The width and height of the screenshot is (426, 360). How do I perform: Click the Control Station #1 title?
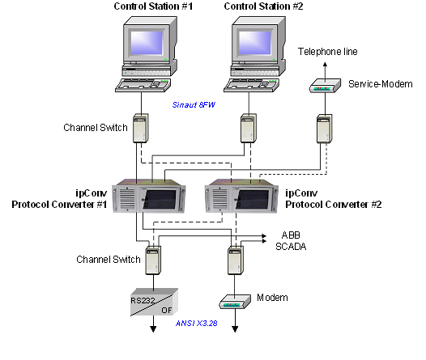pyautogui.click(x=153, y=6)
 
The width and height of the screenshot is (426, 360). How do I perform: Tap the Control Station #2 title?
pyautogui.click(x=263, y=6)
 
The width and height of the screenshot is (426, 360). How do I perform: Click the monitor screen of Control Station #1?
pyautogui.click(x=147, y=43)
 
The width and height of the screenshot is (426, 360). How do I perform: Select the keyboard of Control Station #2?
pyautogui.click(x=251, y=85)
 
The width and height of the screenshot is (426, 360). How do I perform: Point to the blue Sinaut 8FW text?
pyautogui.click(x=194, y=104)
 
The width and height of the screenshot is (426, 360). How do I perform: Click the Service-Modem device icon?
pyautogui.click(x=326, y=86)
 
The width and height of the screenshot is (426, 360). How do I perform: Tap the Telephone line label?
pyautogui.click(x=328, y=52)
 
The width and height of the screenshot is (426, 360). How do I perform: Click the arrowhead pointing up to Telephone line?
pyautogui.click(x=326, y=65)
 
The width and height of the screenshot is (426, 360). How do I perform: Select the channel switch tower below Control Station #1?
pyautogui.click(x=140, y=128)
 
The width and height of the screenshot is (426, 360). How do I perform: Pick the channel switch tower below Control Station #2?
pyautogui.click(x=249, y=128)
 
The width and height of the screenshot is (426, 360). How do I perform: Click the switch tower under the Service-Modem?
pyautogui.click(x=325, y=129)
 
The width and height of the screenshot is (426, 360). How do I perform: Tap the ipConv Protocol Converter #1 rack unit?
pyautogui.click(x=149, y=195)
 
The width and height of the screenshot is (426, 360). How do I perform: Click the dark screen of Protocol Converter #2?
pyautogui.click(x=252, y=199)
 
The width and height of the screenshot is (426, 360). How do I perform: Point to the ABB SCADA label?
pyautogui.click(x=291, y=240)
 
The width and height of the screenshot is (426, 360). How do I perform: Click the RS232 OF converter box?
pyautogui.click(x=155, y=303)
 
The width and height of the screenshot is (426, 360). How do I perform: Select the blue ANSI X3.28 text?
pyautogui.click(x=197, y=323)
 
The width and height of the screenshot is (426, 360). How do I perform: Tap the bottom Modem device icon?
pyautogui.click(x=235, y=302)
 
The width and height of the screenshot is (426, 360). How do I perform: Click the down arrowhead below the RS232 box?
pyautogui.click(x=153, y=329)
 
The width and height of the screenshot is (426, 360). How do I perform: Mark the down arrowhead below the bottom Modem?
pyautogui.click(x=235, y=329)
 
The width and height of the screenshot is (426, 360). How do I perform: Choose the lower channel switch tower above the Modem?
pyautogui.click(x=236, y=260)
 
